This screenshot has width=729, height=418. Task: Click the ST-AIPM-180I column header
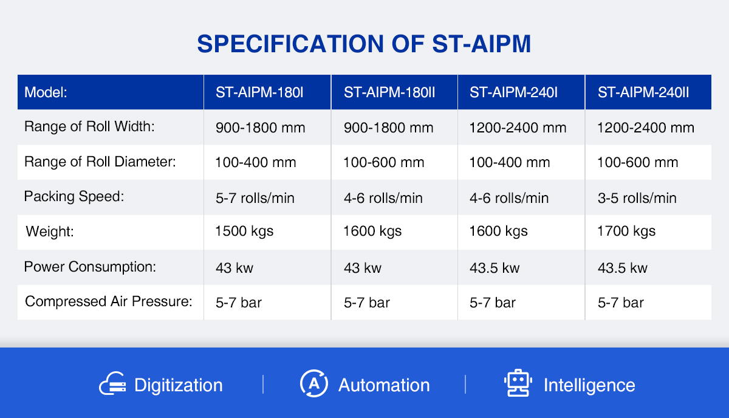click(x=259, y=92)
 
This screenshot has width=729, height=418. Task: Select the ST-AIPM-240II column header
click(x=643, y=92)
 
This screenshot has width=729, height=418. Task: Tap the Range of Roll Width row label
click(x=89, y=126)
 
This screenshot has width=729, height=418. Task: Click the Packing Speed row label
click(x=74, y=197)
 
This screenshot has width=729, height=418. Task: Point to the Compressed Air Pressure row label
click(x=108, y=301)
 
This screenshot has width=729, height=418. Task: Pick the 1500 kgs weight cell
click(x=244, y=231)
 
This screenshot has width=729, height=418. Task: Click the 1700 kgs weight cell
click(x=626, y=231)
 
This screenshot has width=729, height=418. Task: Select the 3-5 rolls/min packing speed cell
click(x=637, y=198)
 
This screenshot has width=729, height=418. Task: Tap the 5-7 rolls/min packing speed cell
click(x=255, y=198)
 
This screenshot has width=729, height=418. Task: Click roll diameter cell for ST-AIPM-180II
click(x=384, y=162)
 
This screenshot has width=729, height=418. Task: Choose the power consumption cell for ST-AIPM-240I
click(x=495, y=268)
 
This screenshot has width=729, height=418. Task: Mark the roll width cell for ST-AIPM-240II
click(x=646, y=128)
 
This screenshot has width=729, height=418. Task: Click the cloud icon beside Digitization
click(x=112, y=383)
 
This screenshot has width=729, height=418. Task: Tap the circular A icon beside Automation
click(x=313, y=383)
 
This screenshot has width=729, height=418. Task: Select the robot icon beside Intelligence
click(x=518, y=383)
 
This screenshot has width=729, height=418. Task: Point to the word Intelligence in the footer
click(x=589, y=385)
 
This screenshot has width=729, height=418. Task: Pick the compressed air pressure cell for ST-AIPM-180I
click(x=239, y=303)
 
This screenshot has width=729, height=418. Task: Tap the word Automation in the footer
click(x=384, y=385)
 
